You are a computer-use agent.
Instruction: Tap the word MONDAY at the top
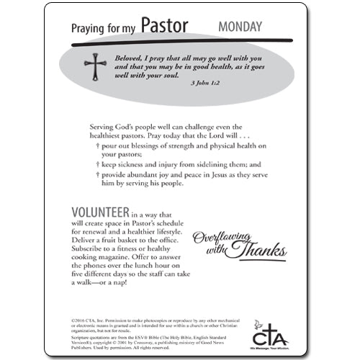pos(240,28)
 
